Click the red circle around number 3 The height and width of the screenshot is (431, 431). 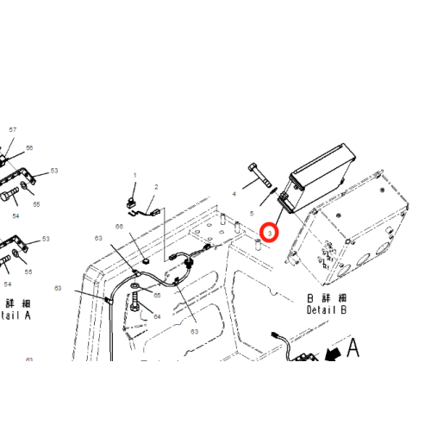tap(270, 231)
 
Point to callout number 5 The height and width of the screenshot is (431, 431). tap(252, 212)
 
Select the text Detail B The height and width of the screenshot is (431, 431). tap(326, 309)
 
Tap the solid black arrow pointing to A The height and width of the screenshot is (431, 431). tap(330, 354)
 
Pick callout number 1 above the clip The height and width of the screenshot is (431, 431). tap(134, 175)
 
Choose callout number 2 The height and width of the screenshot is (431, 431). tap(156, 187)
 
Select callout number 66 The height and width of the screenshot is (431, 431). tap(120, 227)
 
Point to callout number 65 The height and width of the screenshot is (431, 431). tap(157, 295)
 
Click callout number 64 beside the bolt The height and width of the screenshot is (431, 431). tap(157, 316)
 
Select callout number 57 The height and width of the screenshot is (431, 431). tap(12, 129)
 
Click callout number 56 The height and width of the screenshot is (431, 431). tap(28, 148)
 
